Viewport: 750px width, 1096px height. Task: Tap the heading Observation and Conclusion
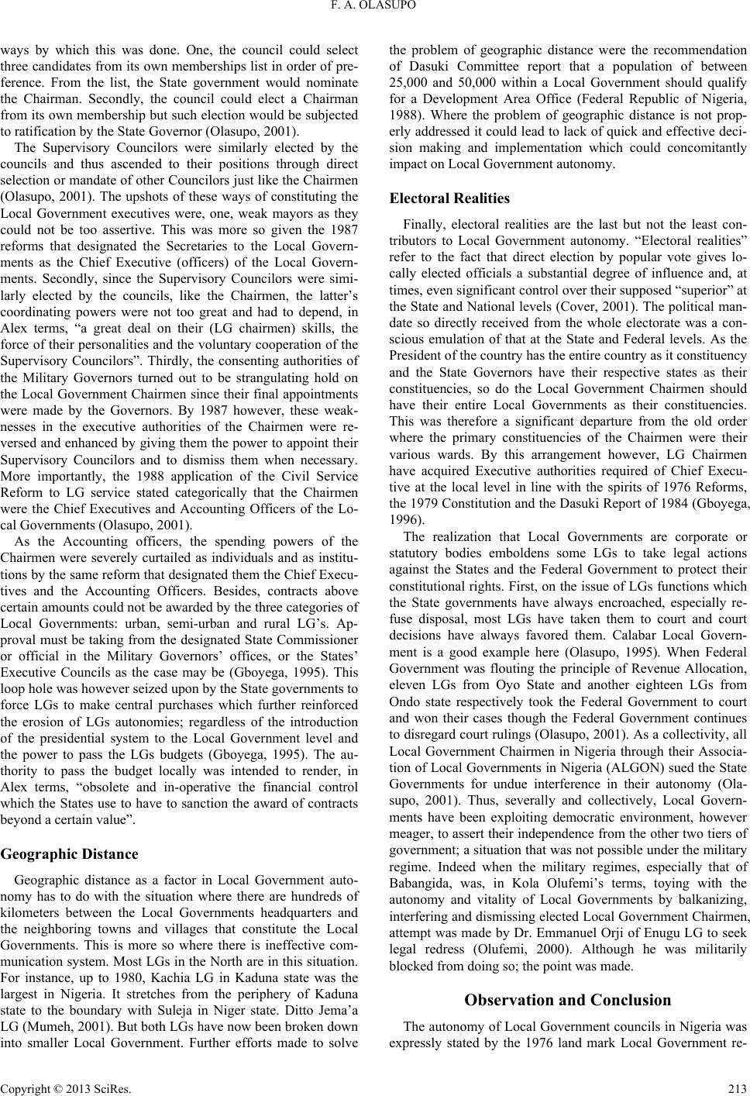point(567,999)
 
